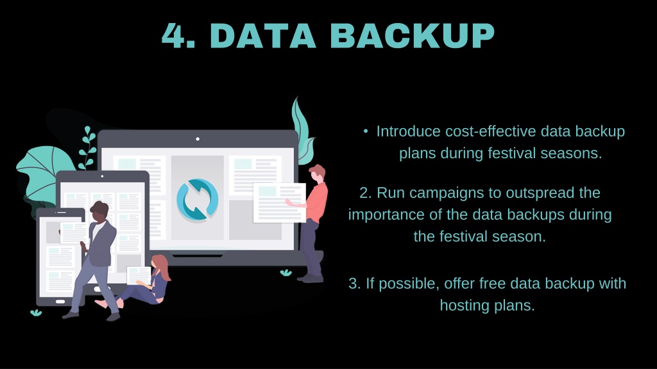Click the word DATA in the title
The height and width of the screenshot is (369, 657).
262,36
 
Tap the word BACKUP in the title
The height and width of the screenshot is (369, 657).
413,36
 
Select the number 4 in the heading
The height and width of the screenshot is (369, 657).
174,36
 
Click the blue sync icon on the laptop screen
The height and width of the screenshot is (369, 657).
198,200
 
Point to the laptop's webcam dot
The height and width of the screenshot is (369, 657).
198,139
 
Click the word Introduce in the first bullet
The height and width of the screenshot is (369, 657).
408,131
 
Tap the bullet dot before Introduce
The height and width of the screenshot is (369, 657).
366,131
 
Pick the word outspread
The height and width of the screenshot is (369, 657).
540,193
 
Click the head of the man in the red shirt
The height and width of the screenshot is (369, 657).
317,173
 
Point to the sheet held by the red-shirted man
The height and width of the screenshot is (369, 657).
280,203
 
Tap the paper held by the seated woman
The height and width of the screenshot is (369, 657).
139,275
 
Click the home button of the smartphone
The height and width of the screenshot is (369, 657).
60,302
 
